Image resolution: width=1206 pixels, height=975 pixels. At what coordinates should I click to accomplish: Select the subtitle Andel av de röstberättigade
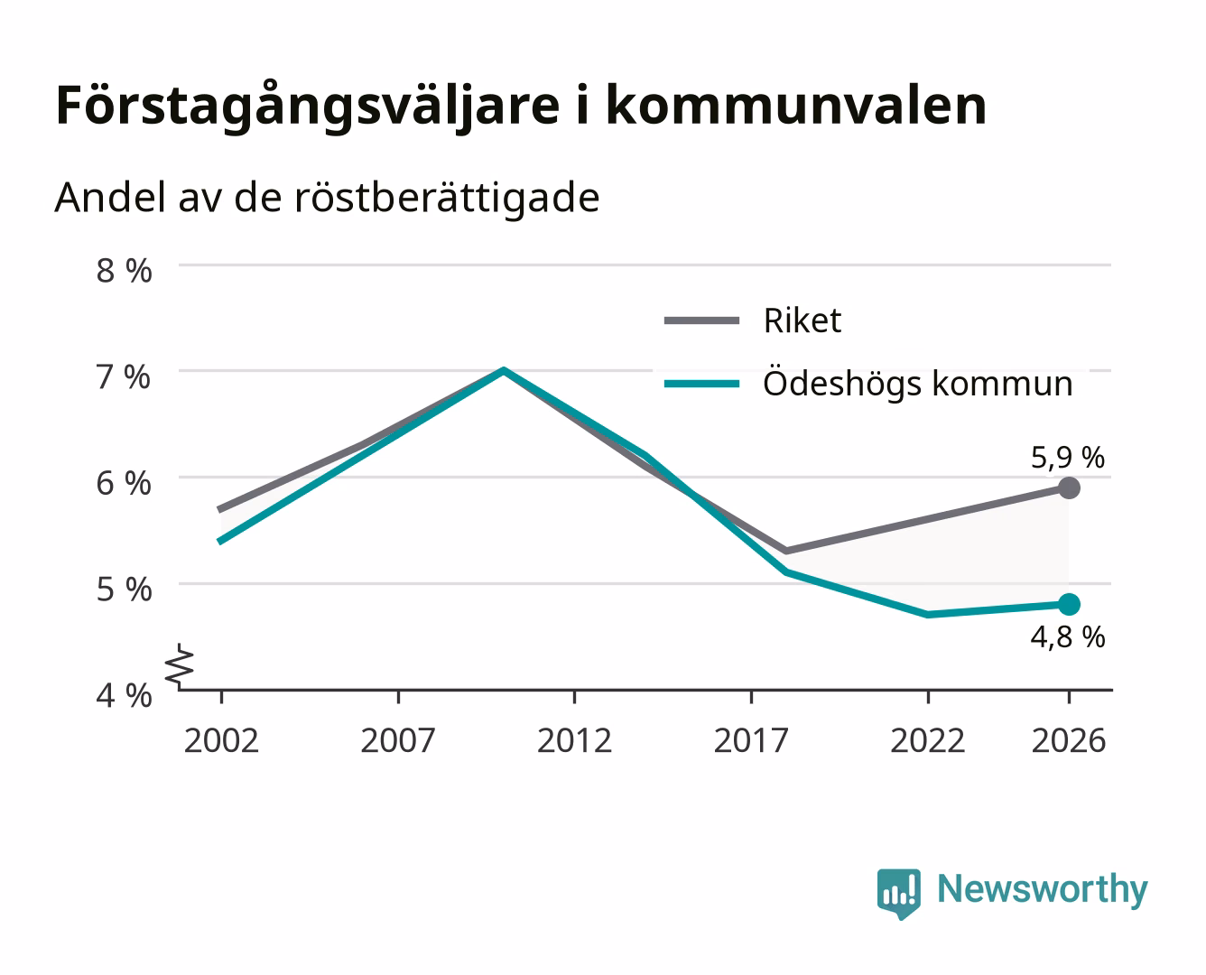tap(327, 199)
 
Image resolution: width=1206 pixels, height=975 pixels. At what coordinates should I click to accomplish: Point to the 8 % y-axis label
tap(124, 271)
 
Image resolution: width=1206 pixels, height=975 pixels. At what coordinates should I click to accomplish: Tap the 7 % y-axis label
tap(124, 377)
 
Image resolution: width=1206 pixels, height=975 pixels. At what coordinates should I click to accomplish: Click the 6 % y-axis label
tap(124, 484)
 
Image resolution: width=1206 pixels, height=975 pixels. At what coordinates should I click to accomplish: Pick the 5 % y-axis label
tap(124, 590)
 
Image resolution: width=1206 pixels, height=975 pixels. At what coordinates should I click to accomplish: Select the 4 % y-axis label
tap(124, 695)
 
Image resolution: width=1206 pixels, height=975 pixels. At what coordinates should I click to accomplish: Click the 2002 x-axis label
tap(221, 740)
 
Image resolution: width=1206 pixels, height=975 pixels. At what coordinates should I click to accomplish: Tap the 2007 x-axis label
tap(398, 740)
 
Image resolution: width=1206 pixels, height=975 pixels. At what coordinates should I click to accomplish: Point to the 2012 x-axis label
tap(575, 740)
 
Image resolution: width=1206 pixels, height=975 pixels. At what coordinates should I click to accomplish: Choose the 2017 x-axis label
tap(751, 740)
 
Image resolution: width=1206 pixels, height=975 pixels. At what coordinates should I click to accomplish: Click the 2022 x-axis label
tap(928, 740)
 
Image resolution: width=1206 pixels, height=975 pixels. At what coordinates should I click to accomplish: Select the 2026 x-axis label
tap(1069, 740)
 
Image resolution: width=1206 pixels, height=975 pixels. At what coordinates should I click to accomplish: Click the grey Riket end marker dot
tap(1069, 487)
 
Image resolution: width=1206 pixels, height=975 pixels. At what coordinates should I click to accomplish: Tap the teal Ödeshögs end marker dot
tap(1069, 604)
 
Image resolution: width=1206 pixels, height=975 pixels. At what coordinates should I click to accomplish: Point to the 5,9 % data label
tap(1068, 458)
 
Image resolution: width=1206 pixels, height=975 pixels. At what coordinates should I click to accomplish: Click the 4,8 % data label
tap(1068, 637)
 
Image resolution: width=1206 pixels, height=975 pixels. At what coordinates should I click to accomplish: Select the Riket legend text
tap(802, 320)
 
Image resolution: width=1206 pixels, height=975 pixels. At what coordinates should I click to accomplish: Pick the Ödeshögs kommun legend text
tap(918, 383)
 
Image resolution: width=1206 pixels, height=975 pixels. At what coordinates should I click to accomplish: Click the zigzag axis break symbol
tap(180, 667)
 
